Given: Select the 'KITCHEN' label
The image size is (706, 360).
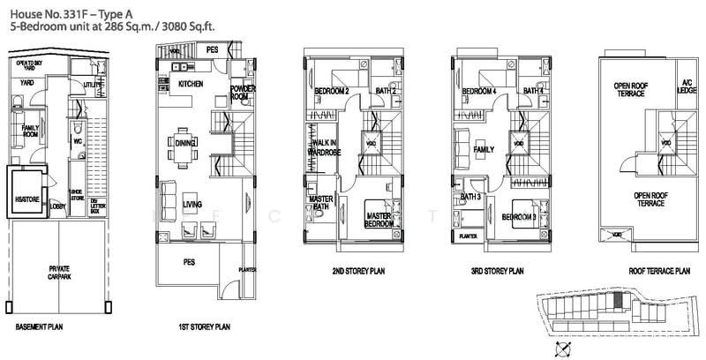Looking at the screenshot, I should [191, 84].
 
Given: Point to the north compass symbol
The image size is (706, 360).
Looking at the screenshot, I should [554, 349].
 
